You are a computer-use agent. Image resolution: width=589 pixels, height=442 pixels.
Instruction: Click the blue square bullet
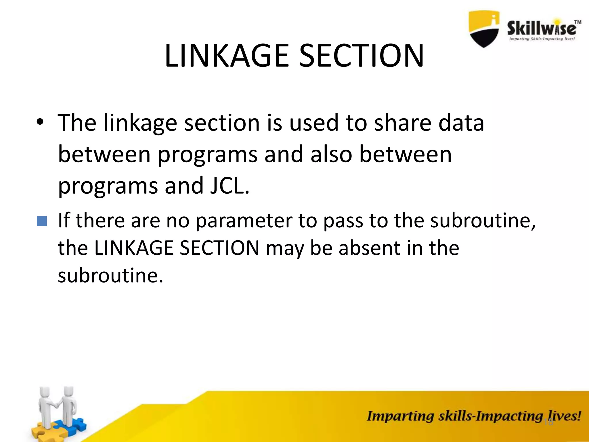point(42,221)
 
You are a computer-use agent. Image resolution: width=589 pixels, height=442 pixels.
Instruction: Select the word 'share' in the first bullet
point(403,123)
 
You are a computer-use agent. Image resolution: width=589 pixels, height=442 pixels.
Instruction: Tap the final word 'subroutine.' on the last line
point(110,275)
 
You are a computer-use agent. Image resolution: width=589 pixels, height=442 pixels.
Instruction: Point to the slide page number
point(549,422)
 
